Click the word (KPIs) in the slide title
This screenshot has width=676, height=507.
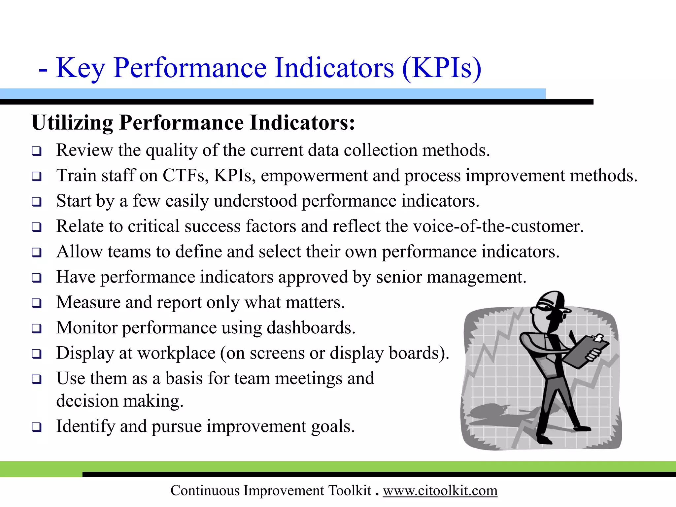point(442,68)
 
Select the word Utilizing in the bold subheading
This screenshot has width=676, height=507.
point(72,123)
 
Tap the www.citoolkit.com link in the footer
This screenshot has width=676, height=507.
point(440,490)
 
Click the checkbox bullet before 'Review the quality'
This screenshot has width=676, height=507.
point(37,152)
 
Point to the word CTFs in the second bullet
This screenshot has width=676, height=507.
point(185,176)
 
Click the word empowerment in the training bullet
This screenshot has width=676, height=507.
point(314,176)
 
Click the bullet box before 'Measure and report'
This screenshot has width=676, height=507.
point(37,303)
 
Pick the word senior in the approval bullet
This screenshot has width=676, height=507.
point(399,277)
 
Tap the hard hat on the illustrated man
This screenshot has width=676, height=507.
point(551,300)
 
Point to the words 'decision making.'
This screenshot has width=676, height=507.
point(120,401)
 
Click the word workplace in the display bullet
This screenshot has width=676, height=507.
point(176,353)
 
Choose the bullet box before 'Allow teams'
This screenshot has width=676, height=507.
point(37,253)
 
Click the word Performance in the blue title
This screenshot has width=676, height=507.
point(190,68)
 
